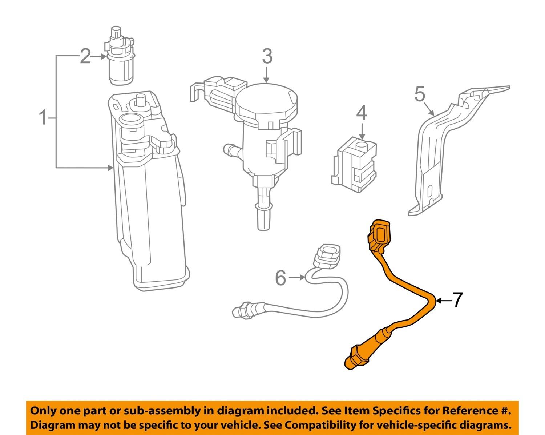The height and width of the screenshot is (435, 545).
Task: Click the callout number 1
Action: (x=43, y=118)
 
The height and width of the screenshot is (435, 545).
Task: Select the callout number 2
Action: (x=85, y=57)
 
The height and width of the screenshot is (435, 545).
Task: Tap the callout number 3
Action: (x=267, y=57)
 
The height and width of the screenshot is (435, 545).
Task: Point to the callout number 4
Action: (x=362, y=113)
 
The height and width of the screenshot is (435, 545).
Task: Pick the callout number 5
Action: (x=420, y=94)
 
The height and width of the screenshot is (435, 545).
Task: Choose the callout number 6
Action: (x=281, y=278)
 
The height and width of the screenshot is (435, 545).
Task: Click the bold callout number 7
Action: (x=457, y=300)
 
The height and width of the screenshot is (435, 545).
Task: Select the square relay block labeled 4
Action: (x=354, y=164)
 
